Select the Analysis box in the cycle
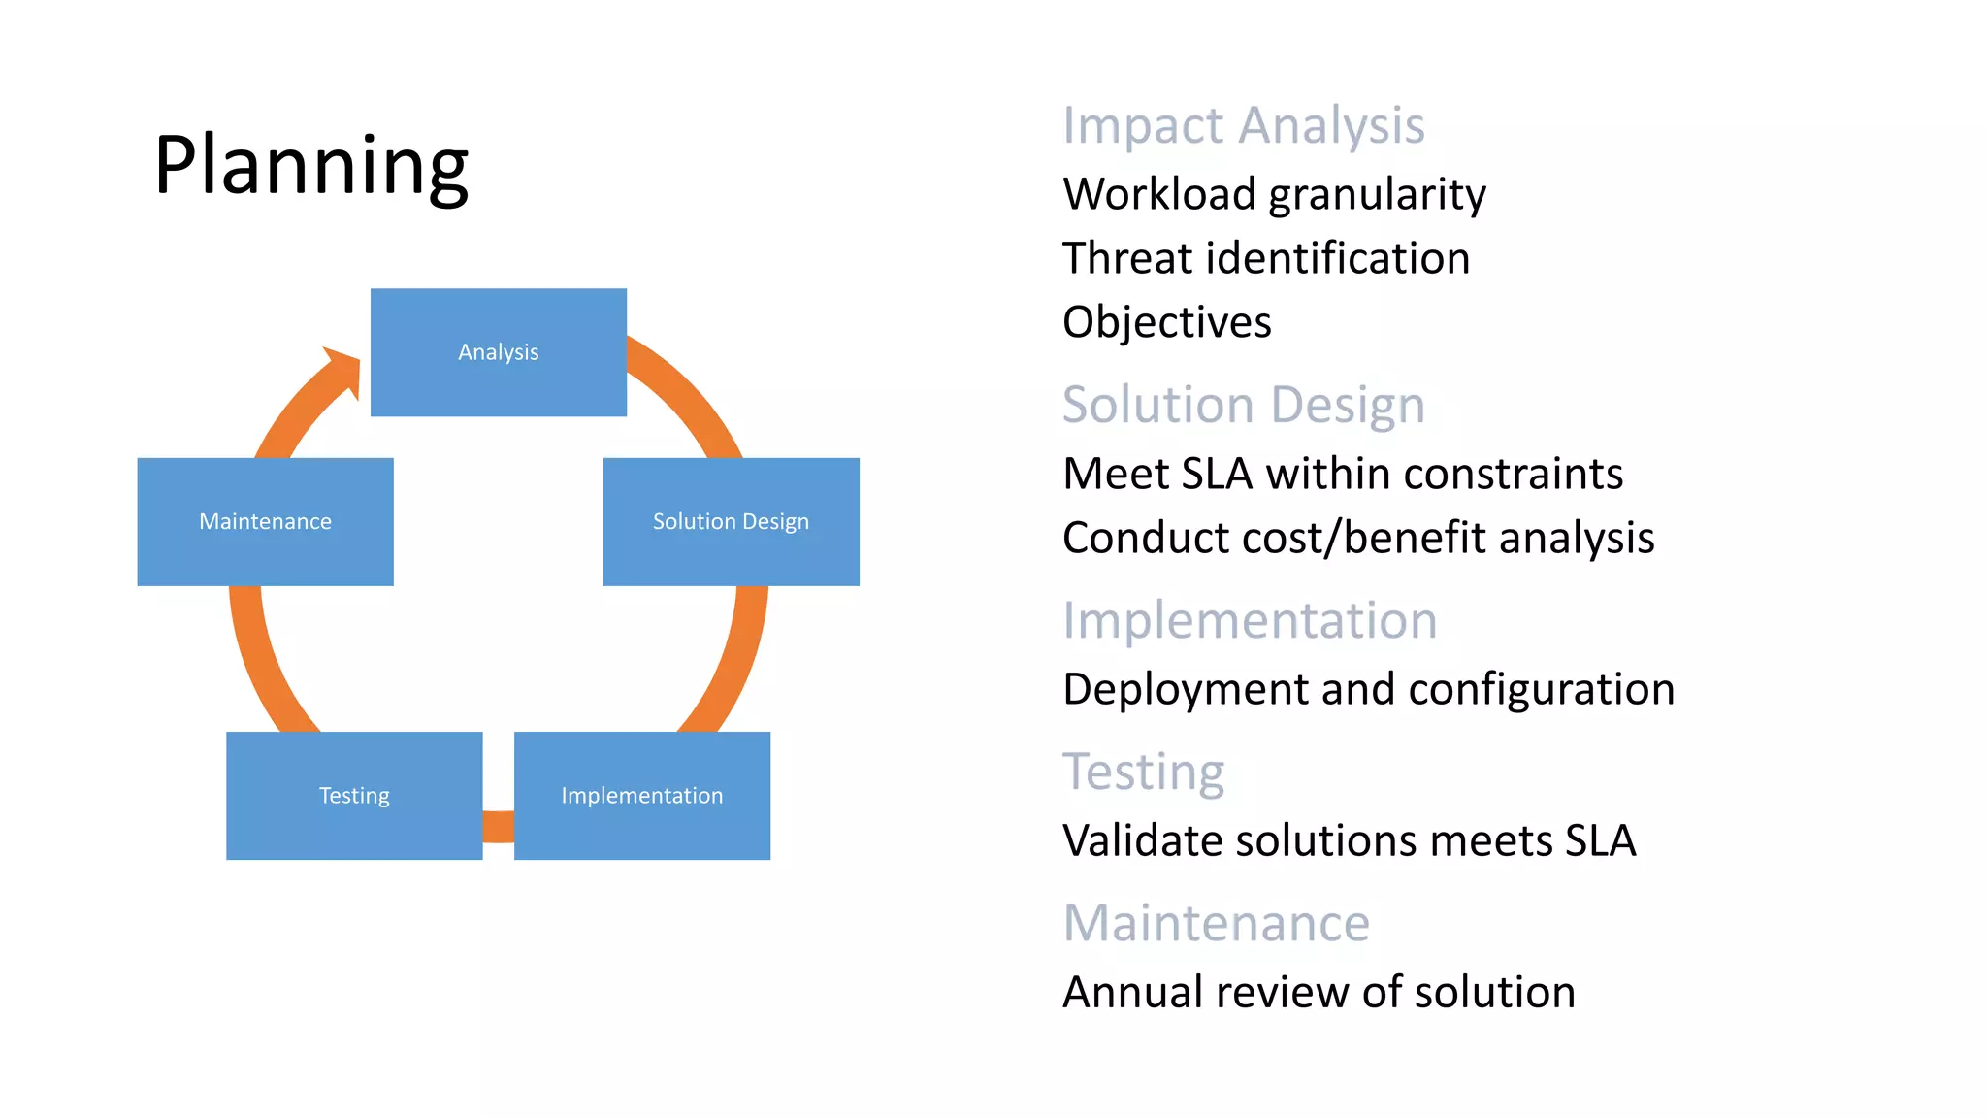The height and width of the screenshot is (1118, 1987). [498, 352]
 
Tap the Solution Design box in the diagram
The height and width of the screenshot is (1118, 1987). [731, 522]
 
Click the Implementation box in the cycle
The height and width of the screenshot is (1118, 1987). [641, 796]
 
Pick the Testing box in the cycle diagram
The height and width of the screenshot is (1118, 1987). [354, 796]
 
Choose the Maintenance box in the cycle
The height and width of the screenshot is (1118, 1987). [265, 522]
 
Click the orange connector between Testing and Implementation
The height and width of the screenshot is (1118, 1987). [498, 826]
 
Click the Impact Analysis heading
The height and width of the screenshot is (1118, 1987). [1243, 126]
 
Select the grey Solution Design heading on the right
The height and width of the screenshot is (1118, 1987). [1243, 405]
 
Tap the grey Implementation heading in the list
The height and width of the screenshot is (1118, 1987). [1249, 620]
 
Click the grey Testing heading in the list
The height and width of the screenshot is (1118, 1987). [1143, 773]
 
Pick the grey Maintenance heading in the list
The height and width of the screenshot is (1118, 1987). [1216, 923]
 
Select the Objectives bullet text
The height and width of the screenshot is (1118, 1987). [1166, 322]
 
